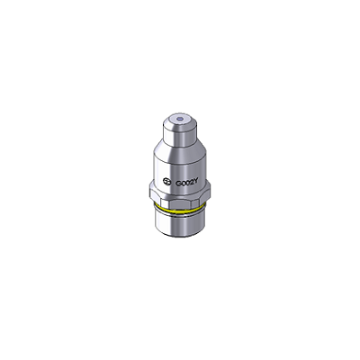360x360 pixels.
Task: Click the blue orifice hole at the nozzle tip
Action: [x=180, y=119]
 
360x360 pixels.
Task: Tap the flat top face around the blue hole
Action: [x=180, y=119]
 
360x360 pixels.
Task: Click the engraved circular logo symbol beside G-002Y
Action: [x=166, y=181]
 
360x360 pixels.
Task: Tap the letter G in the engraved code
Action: [x=177, y=182]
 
